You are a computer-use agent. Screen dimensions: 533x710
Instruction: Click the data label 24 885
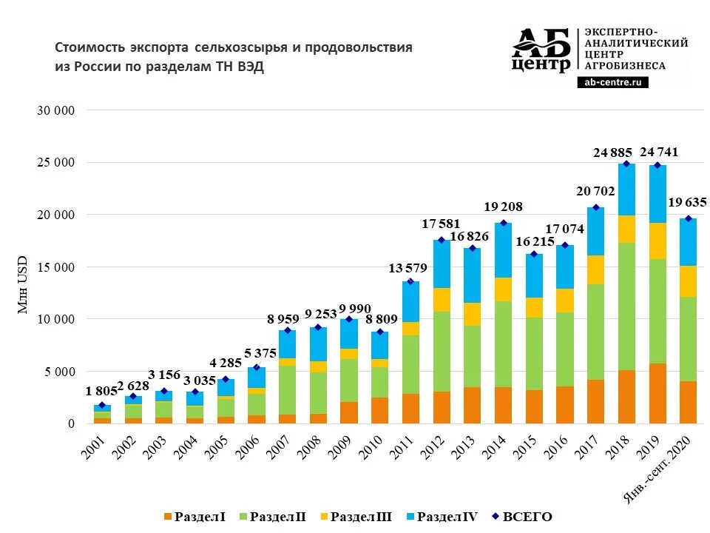612,153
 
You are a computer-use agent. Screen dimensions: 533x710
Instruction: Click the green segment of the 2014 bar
503,343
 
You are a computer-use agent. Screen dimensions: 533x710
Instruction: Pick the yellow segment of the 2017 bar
596,269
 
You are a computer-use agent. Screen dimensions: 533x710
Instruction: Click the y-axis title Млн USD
23,285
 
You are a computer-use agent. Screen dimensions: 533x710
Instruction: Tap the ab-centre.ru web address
612,83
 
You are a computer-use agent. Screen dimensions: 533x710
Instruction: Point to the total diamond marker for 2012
442,240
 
